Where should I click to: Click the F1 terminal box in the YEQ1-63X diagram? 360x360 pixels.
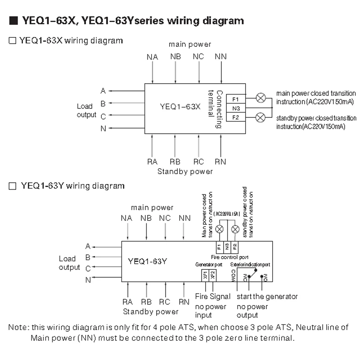tap(236, 99)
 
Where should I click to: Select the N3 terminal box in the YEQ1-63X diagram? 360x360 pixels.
tap(236, 108)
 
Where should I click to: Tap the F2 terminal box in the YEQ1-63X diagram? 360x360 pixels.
tap(236, 118)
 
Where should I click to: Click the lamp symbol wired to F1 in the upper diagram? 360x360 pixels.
tap(260, 97)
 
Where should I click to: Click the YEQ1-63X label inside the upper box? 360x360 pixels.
tap(180, 107)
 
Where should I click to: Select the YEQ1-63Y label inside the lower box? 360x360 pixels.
tap(148, 261)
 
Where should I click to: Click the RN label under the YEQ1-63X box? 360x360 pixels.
tap(221, 162)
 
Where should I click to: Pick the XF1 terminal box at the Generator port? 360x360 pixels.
tap(205, 274)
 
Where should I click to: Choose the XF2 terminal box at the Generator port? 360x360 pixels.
tap(213, 274)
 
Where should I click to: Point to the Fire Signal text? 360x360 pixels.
tap(213, 297)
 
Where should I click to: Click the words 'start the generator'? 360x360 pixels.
tap(267, 297)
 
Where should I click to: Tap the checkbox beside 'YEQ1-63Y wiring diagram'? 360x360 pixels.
tap(13, 186)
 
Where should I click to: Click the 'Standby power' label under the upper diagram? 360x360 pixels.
tap(185, 171)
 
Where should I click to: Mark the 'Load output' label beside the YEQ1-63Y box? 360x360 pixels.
tap(69, 263)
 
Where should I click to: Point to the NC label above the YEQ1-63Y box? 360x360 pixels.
tap(165, 218)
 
